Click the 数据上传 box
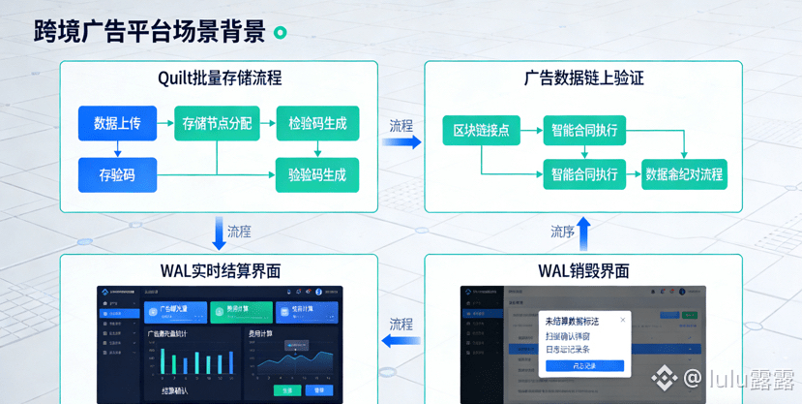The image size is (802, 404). (x=117, y=123)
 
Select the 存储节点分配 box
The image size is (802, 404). (x=217, y=123)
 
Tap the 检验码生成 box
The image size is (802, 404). (x=317, y=123)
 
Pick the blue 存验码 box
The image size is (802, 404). (x=117, y=175)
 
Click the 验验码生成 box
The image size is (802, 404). (x=317, y=175)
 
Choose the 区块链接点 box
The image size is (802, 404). (x=481, y=130)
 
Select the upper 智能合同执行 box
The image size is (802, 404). (x=584, y=130)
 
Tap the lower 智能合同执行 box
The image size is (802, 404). (x=584, y=175)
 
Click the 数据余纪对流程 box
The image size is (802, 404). (x=684, y=175)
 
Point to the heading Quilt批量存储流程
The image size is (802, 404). (x=220, y=78)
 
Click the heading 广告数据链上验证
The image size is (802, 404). (x=584, y=78)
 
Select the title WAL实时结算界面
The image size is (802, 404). (x=220, y=270)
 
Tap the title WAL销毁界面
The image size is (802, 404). (x=584, y=270)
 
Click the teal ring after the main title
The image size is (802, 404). (x=281, y=33)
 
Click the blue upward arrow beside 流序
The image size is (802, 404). (x=583, y=233)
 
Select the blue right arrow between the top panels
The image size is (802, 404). (x=401, y=142)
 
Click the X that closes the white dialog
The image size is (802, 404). (x=623, y=320)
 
